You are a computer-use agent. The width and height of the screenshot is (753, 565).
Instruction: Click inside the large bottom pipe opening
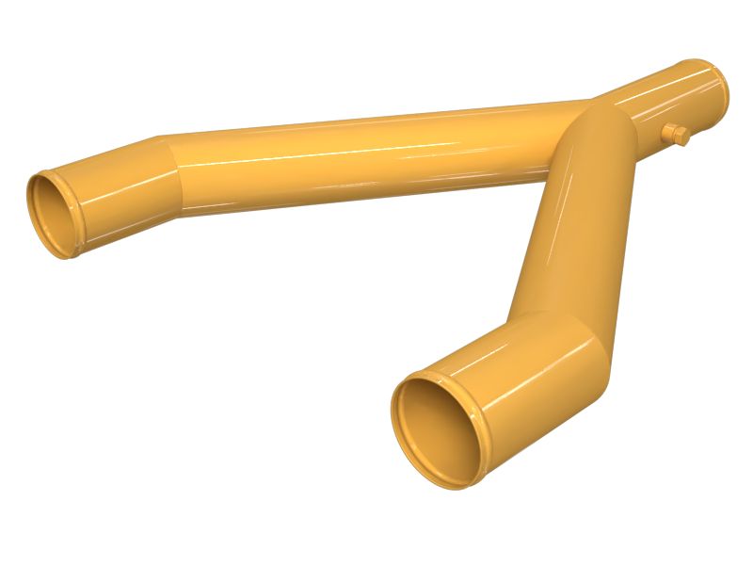coord(436,428)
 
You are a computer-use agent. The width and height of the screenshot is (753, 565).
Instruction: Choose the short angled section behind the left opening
coord(122,193)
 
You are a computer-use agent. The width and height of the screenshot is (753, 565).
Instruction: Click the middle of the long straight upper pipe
coord(367,155)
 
